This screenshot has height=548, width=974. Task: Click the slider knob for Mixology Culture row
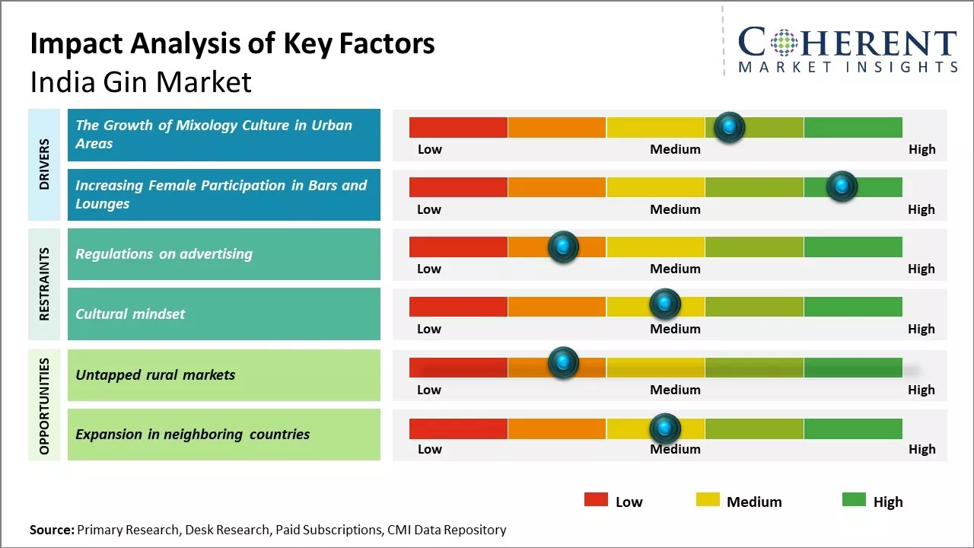pyautogui.click(x=730, y=127)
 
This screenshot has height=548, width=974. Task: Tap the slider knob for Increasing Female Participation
pyautogui.click(x=842, y=186)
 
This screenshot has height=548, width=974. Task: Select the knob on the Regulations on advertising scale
pyautogui.click(x=563, y=247)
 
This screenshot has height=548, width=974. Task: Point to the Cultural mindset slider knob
pyautogui.click(x=664, y=304)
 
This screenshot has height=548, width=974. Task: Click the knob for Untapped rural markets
pyautogui.click(x=563, y=363)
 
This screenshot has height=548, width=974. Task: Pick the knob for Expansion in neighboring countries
pyautogui.click(x=664, y=428)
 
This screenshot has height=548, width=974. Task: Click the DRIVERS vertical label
pyautogui.click(x=43, y=164)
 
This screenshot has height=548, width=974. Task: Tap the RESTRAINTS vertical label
pyautogui.click(x=43, y=284)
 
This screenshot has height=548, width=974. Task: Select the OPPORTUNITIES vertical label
pyautogui.click(x=43, y=405)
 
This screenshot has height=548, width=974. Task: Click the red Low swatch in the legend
pyautogui.click(x=596, y=499)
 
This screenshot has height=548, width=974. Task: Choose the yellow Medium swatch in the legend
pyautogui.click(x=708, y=499)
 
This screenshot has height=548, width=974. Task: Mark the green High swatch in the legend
pyautogui.click(x=854, y=499)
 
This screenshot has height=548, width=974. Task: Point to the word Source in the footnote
pyautogui.click(x=51, y=530)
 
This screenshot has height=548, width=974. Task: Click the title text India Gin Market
pyautogui.click(x=141, y=82)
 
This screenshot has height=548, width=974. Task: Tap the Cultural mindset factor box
pyautogui.click(x=224, y=314)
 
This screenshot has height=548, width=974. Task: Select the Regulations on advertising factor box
pyautogui.click(x=224, y=254)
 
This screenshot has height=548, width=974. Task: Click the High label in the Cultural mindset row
pyautogui.click(x=921, y=329)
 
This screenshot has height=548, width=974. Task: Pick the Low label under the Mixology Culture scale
pyautogui.click(x=429, y=149)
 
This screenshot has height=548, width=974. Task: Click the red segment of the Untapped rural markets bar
pyautogui.click(x=458, y=368)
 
